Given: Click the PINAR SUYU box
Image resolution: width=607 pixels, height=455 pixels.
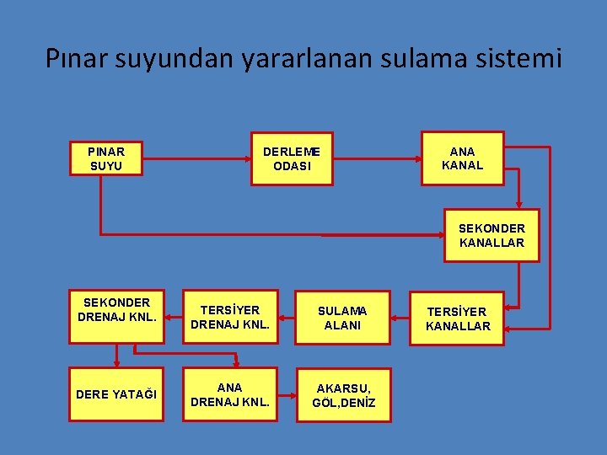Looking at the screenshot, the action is (105, 158).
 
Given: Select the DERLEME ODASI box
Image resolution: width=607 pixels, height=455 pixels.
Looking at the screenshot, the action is (292, 158).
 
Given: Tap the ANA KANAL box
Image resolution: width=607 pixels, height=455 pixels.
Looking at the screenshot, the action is (462, 158).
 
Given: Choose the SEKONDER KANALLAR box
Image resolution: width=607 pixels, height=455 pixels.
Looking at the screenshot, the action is (492, 235).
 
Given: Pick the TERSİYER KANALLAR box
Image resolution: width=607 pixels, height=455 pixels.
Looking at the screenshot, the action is (458, 318).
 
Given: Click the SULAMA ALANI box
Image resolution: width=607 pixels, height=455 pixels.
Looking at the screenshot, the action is (342, 318).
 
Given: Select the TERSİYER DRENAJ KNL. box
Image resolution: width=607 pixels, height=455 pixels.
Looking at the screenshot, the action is (230, 318).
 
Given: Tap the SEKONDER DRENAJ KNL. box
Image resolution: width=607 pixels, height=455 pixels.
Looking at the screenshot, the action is (117, 317).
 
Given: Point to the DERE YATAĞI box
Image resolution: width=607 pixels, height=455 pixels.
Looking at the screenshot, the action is (117, 394).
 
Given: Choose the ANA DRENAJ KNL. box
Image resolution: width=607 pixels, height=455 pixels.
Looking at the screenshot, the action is (230, 394).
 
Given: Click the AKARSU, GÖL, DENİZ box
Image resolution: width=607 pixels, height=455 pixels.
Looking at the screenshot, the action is (342, 394).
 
